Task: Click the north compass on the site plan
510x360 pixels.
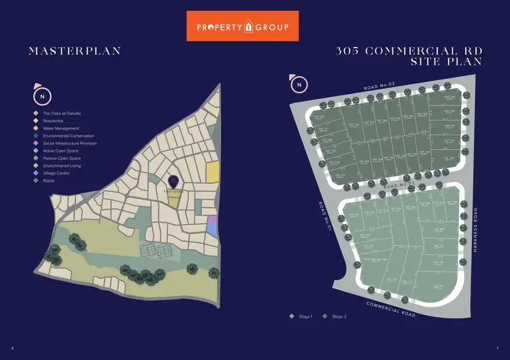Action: pos(299,84)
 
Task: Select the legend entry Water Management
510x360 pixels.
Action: pos(61,128)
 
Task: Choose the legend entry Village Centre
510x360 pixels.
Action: pos(58,173)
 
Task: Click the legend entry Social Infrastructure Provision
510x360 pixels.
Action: pos(70,143)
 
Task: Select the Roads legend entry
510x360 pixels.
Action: pos(50,180)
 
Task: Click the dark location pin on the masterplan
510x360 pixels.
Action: pos(174,182)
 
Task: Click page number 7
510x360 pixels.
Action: pos(497,348)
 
